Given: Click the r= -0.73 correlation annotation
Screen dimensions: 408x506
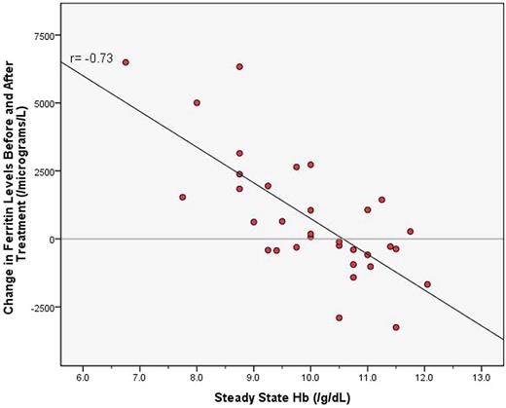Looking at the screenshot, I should point(92,58).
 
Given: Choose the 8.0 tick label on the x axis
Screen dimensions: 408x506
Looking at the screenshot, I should point(196,373).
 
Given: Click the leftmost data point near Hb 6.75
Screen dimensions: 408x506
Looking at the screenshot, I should point(126,62).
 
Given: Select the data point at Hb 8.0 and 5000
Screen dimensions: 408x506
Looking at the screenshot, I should point(197,102).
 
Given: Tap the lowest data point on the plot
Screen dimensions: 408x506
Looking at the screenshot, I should point(396,327).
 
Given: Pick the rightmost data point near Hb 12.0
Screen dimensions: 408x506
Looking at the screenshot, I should point(427,284).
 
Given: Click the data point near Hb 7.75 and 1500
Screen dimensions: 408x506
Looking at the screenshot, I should point(182,197).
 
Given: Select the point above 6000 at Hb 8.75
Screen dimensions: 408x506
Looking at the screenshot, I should point(239,67).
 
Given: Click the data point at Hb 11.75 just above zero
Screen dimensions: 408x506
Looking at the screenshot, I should point(411,232).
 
